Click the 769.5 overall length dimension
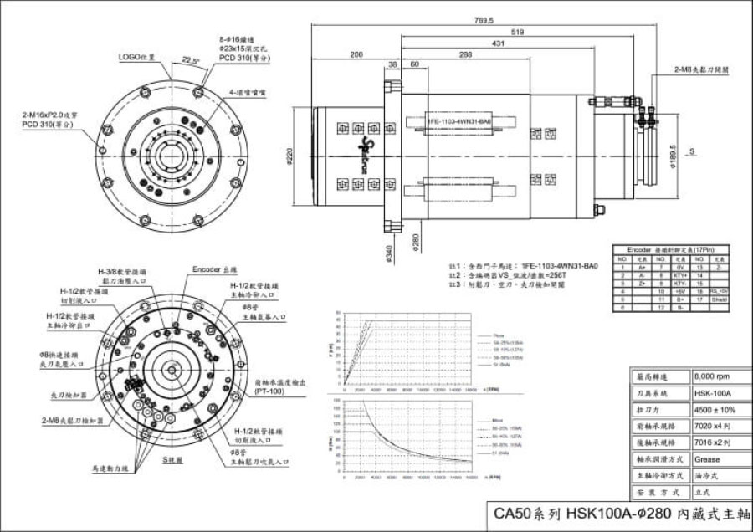(484, 20)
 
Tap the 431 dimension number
(498, 43)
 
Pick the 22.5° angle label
(190, 61)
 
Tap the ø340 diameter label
(390, 251)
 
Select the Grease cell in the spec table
(707, 459)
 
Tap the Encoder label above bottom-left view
(215, 270)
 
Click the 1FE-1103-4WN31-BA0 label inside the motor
(458, 120)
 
